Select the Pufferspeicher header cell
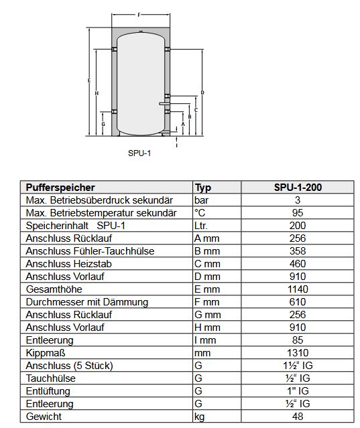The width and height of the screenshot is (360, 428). click(x=60, y=188)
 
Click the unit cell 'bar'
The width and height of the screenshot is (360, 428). click(x=201, y=200)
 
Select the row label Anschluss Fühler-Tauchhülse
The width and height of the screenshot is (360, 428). click(x=90, y=251)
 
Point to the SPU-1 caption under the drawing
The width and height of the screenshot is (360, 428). click(x=139, y=153)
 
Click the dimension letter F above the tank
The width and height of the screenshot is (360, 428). click(x=139, y=15)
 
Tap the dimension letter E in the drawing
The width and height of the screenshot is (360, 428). click(x=89, y=81)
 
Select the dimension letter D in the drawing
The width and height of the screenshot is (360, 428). click(x=202, y=92)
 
